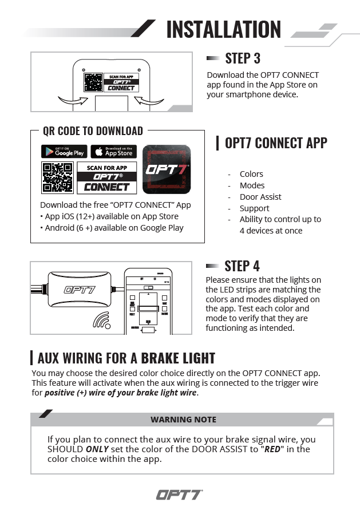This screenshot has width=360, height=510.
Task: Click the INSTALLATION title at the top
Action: click(x=224, y=29)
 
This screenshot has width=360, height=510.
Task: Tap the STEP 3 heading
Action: click(x=243, y=58)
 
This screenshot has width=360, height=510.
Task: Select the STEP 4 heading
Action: click(x=242, y=266)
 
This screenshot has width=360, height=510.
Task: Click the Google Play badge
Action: click(x=64, y=152)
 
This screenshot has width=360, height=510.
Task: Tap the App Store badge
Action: click(x=113, y=152)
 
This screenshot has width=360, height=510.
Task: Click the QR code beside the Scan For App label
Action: click(x=57, y=177)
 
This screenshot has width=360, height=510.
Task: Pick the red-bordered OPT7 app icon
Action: click(x=166, y=169)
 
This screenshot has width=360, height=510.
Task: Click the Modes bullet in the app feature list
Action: click(x=252, y=185)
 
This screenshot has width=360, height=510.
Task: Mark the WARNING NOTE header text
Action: click(x=183, y=420)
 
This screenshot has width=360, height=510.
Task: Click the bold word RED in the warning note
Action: click(x=272, y=449)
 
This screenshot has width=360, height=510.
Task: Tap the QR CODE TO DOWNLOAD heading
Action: click(x=93, y=131)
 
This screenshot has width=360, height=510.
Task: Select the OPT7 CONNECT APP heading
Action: click(x=276, y=143)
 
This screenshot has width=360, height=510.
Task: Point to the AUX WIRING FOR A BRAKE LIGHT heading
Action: click(x=126, y=358)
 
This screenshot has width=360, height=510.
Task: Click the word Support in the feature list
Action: click(x=254, y=208)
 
